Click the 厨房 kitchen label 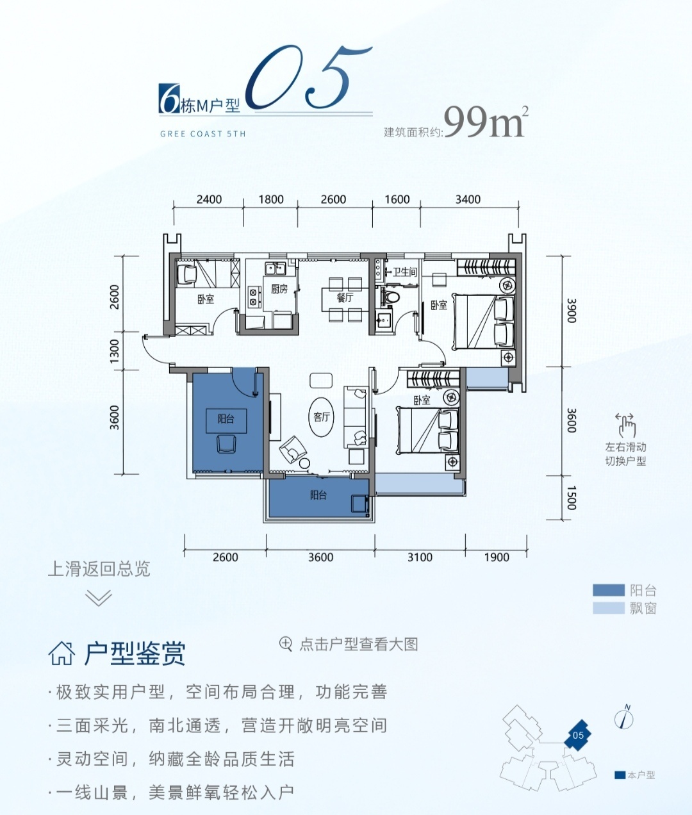(x=279, y=290)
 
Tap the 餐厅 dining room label (x=345, y=298)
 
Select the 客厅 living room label (x=322, y=416)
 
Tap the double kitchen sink (x=276, y=268)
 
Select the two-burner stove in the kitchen (x=252, y=297)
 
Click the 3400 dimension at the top (x=468, y=199)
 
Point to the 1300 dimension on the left (x=114, y=351)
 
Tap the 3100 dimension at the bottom (x=420, y=557)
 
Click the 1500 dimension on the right (x=572, y=497)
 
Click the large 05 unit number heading (x=308, y=77)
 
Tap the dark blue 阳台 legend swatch (x=609, y=590)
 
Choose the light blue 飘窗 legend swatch (x=609, y=608)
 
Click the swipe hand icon (x=626, y=425)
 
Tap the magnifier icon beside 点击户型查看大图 (x=286, y=645)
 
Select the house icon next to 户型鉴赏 (x=62, y=654)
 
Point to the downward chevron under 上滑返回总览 (x=99, y=598)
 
